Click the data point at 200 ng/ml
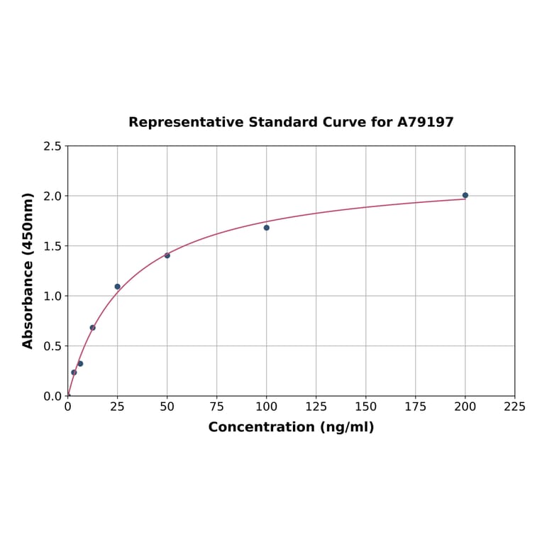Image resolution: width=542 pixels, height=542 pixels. (465, 195)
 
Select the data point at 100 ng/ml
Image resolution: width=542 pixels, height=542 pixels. (267, 228)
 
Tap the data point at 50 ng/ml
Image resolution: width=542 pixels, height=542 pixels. (167, 255)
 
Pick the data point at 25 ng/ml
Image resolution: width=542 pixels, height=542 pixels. (118, 287)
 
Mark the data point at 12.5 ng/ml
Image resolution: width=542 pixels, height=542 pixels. (92, 328)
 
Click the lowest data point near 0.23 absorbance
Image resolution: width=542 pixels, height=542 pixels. (74, 372)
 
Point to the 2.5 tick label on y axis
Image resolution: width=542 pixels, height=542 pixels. (52, 146)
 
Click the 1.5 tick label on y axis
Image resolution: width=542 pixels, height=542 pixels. (52, 246)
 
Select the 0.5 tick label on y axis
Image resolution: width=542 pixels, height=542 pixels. (52, 346)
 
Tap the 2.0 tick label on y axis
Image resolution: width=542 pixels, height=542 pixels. (52, 196)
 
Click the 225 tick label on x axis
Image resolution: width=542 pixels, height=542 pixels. (514, 407)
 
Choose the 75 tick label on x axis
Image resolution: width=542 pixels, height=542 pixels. (217, 407)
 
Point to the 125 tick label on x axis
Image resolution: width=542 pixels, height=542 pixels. (316, 407)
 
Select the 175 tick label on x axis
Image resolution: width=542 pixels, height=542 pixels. (416, 407)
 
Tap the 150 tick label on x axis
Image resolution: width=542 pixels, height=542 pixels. (366, 407)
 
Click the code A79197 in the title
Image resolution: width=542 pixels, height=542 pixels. (425, 123)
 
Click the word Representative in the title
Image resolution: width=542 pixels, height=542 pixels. (187, 123)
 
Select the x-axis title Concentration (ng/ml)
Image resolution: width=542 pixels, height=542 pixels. (291, 428)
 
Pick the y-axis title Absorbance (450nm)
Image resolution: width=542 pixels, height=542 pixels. (28, 270)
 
